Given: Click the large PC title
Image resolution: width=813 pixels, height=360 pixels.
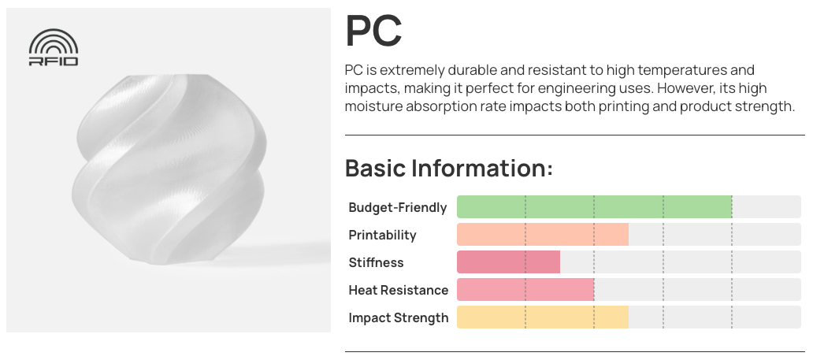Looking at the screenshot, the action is [373, 31].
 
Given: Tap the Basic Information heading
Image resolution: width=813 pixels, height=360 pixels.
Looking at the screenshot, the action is [449, 168].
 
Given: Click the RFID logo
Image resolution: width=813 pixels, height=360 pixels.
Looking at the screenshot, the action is [54, 47].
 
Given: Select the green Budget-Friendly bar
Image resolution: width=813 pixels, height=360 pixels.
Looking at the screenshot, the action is [594, 207].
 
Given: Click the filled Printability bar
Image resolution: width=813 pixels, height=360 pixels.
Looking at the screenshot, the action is [543, 235].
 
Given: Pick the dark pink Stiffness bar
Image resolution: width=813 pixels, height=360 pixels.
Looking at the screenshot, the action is [508, 262].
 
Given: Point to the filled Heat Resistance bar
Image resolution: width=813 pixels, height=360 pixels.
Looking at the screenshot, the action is [525, 289].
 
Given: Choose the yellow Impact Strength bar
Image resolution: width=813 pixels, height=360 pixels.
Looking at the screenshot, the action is [543, 317].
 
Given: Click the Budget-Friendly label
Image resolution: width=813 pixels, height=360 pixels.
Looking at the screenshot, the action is [398, 207].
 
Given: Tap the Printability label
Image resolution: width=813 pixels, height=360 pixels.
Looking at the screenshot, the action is [382, 236].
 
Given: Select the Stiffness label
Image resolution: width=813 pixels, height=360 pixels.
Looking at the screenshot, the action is [376, 262].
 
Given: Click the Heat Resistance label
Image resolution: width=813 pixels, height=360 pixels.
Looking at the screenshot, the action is [398, 290].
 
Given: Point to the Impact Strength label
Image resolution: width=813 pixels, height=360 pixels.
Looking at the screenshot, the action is [398, 318].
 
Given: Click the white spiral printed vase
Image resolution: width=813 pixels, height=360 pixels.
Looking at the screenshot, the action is [169, 169].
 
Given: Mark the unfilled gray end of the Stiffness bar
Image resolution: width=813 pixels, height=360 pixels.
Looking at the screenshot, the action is [681, 262].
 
